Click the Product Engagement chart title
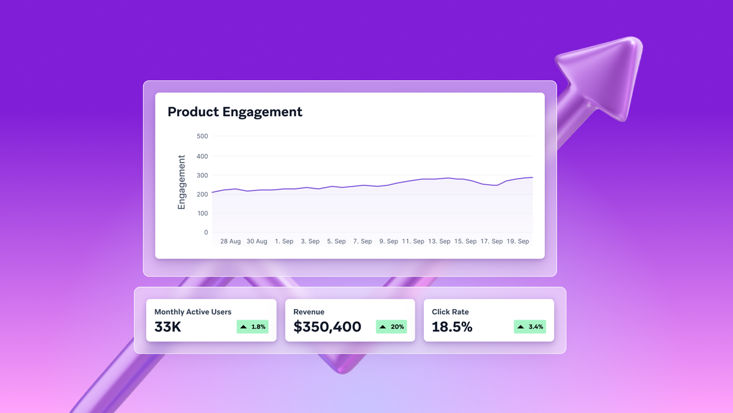235,112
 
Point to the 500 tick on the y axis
202,136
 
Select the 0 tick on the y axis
206,233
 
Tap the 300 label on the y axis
202,176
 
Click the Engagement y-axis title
181,182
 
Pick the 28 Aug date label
230,242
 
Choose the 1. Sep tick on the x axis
284,242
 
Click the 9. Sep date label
388,242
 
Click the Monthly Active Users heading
193,312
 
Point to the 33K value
167,327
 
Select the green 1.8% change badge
252,327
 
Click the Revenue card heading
309,312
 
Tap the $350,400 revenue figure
327,327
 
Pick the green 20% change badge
391,327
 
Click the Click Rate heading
450,312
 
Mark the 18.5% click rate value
452,327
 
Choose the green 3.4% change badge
530,327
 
